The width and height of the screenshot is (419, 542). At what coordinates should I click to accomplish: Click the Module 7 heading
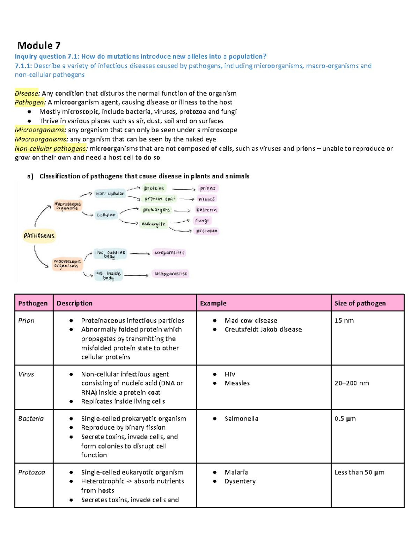click(39, 45)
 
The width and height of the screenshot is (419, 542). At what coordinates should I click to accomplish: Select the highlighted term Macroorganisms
click(41, 139)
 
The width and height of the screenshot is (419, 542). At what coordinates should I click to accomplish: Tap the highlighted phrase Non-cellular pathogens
click(51, 148)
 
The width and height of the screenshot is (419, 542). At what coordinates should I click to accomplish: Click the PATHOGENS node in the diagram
click(39, 236)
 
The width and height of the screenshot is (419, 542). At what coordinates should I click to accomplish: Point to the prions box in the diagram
click(208, 188)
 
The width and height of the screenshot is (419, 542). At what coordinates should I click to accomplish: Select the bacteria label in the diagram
click(206, 210)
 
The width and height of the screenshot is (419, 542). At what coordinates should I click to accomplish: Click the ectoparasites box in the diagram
click(169, 253)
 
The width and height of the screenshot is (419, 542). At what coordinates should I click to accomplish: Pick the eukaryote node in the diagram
click(153, 224)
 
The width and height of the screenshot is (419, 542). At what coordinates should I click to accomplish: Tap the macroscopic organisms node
click(67, 263)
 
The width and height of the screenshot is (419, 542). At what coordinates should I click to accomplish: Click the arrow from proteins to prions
click(184, 189)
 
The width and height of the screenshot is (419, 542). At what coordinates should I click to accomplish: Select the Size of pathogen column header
click(360, 303)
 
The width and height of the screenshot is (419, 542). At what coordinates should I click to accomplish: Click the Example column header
click(213, 303)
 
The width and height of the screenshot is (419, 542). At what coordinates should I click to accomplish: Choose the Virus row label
click(26, 374)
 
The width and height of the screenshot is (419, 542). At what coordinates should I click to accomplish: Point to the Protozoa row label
click(32, 472)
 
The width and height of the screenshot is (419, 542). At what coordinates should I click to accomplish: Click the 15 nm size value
click(344, 320)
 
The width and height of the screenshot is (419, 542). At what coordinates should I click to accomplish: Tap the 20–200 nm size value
click(352, 383)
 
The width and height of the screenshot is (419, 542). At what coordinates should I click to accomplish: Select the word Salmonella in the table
click(241, 418)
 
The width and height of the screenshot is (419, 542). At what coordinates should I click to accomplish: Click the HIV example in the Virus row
click(230, 374)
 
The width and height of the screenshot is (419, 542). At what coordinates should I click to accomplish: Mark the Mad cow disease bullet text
click(251, 320)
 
